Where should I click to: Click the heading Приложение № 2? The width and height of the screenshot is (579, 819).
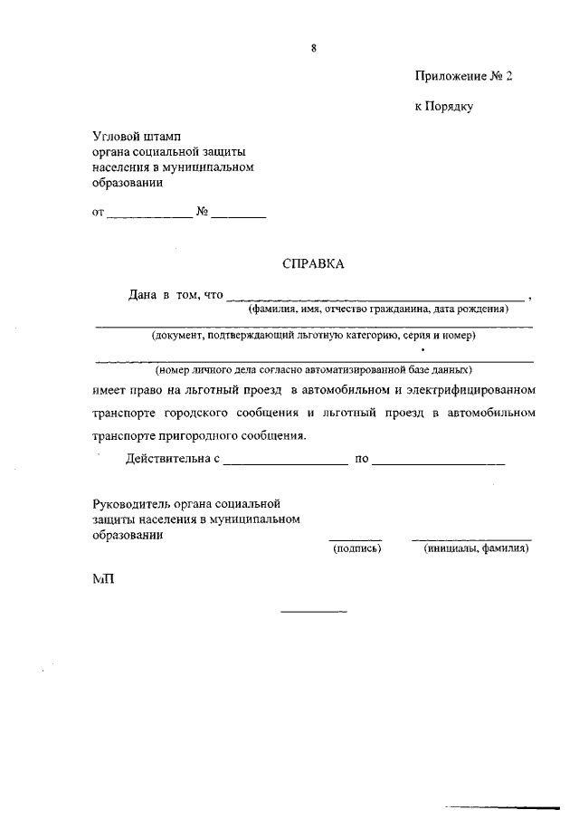pos(463,77)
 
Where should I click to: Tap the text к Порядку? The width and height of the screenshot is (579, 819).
pos(444,107)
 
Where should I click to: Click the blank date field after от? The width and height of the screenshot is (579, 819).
pos(149,215)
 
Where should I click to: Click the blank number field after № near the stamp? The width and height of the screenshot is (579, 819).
pos(241,215)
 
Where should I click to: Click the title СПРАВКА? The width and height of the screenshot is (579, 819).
pos(313,264)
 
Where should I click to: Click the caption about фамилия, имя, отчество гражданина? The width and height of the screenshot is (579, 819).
pos(379,309)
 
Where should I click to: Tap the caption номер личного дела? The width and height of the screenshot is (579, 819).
pos(313,370)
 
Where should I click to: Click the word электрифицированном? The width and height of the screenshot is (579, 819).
pos(470,391)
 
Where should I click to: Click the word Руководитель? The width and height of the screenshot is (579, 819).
pos(130,503)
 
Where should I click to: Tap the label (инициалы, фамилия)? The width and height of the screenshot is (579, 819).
pos(476,548)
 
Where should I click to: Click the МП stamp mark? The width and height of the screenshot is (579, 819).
pos(103,579)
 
